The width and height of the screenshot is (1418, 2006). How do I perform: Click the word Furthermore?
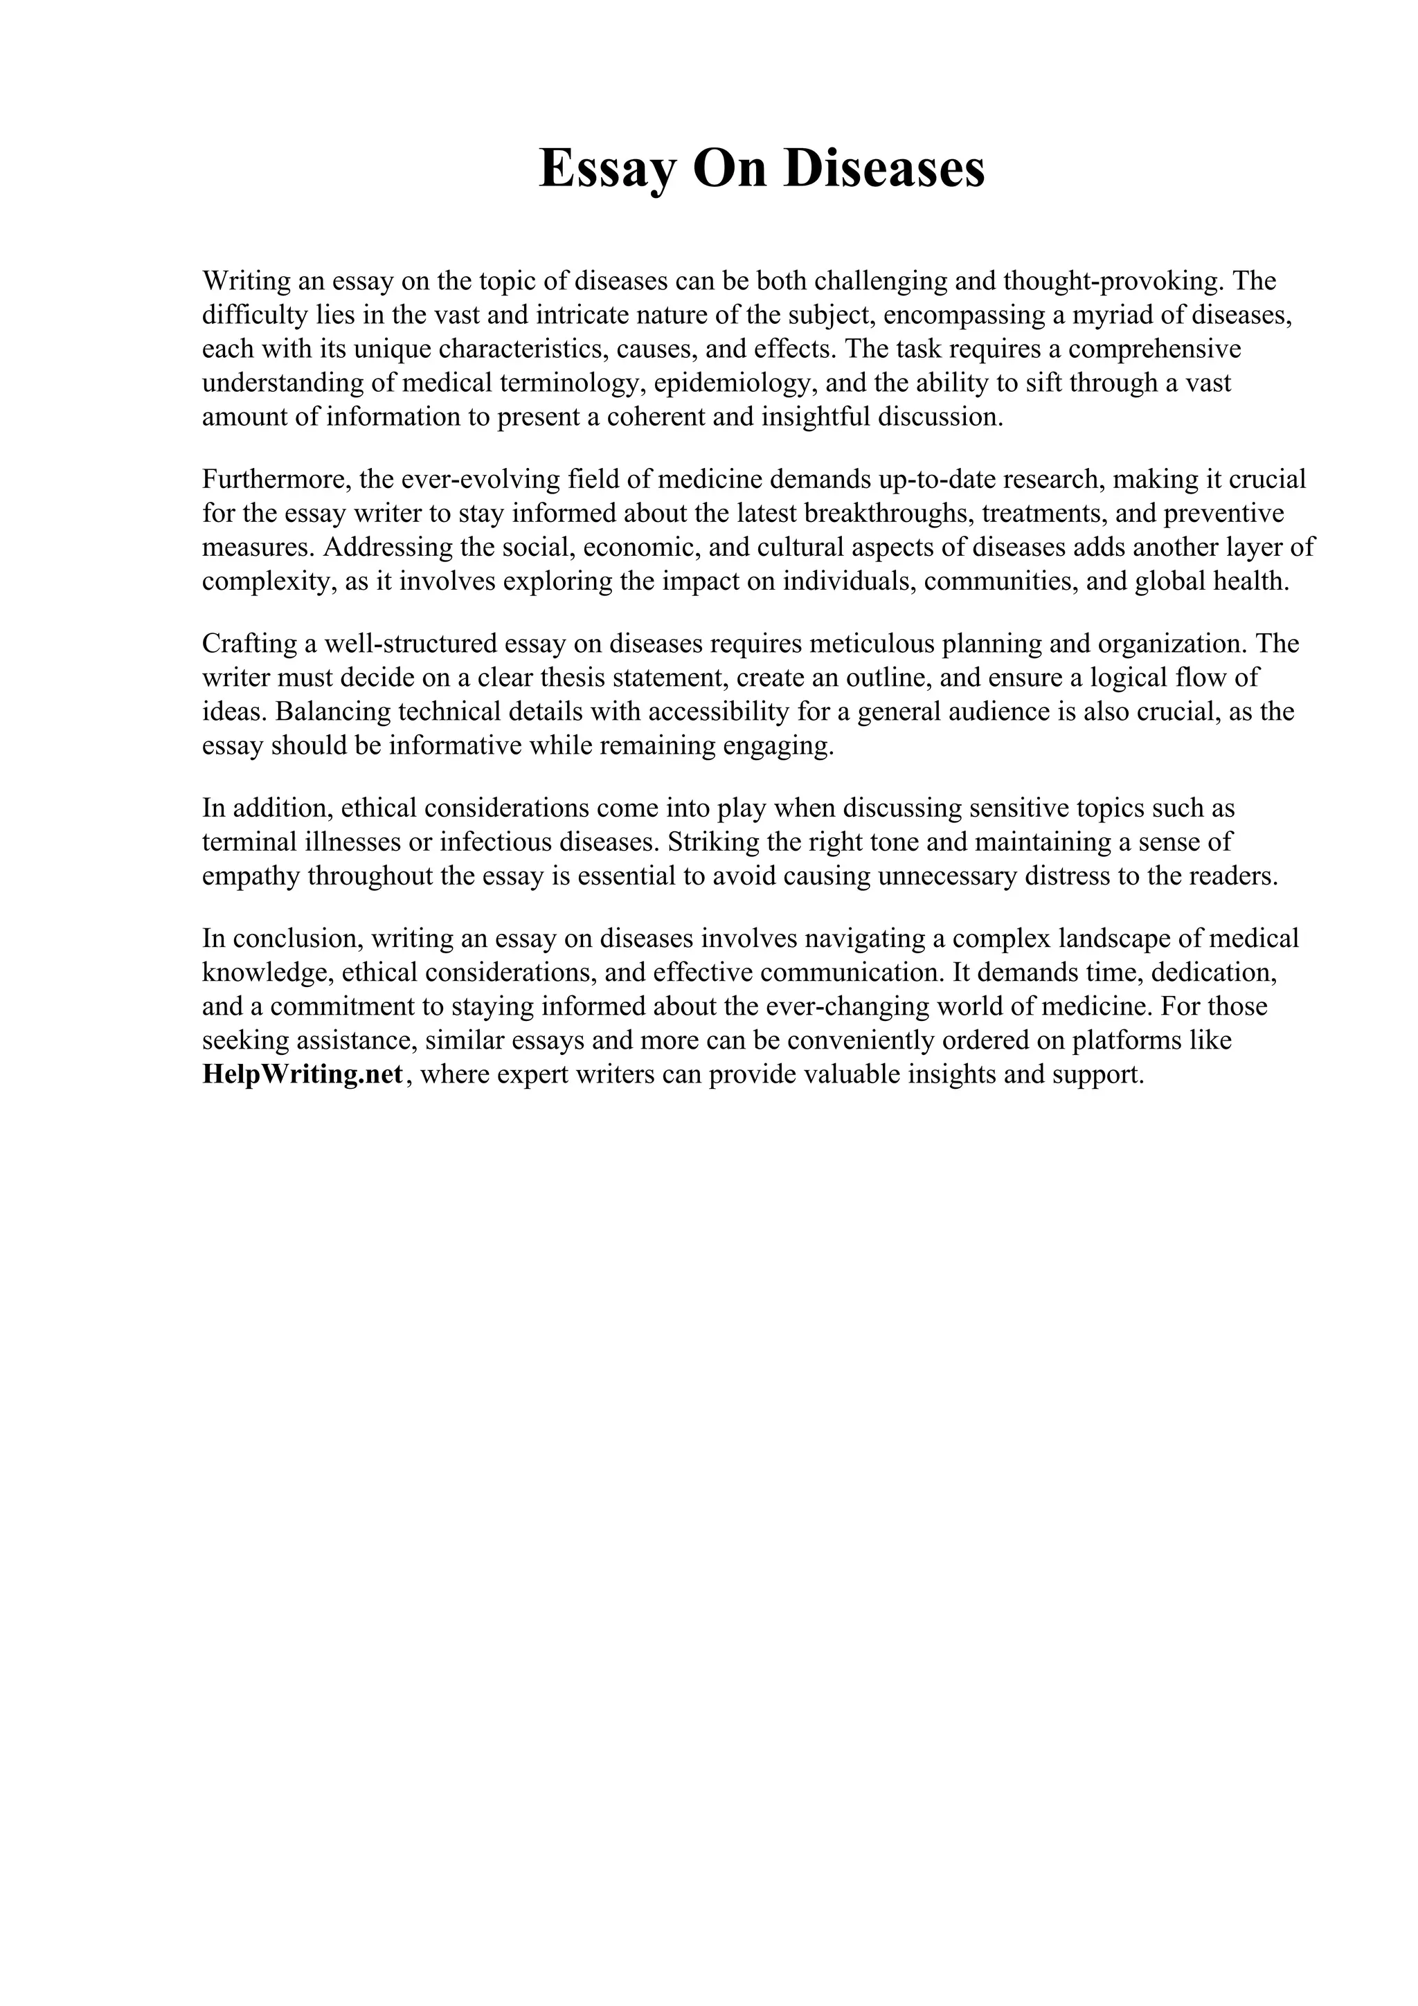pos(276,479)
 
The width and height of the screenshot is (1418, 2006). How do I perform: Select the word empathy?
pos(251,876)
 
